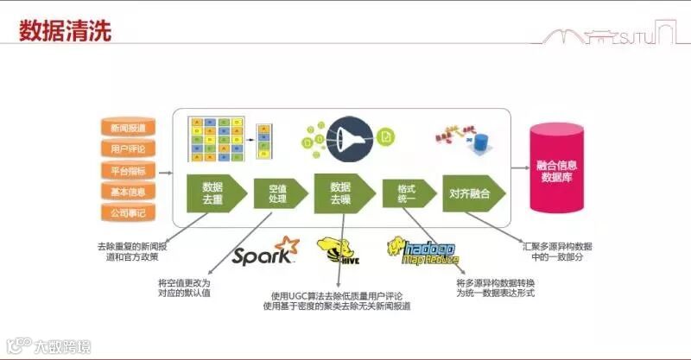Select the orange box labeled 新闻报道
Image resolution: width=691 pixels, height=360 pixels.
tap(128, 128)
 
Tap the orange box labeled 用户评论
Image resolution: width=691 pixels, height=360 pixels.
tap(128, 148)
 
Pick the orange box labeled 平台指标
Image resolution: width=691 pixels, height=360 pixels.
tap(128, 170)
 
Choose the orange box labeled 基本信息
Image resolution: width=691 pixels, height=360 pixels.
tap(128, 191)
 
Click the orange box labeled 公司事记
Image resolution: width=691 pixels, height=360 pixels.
tap(128, 212)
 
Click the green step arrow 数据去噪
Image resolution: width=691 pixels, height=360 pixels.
tap(340, 193)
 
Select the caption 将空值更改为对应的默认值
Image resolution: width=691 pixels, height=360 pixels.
tap(184, 287)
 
